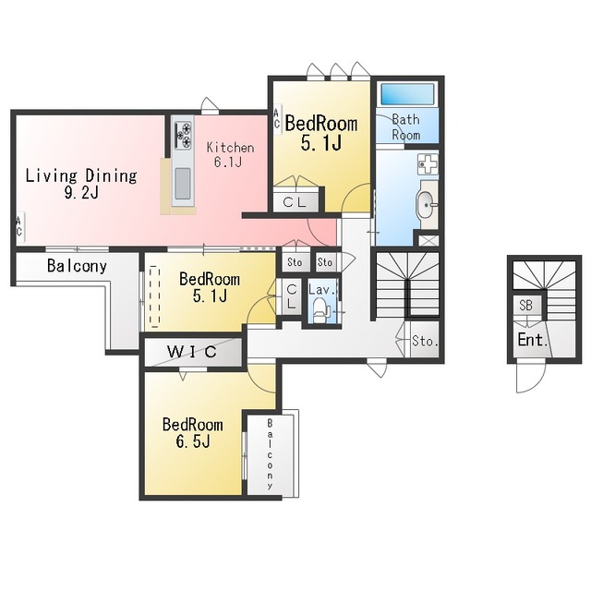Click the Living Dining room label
coord(81,184)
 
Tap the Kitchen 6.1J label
coord(230,154)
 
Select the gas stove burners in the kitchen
coord(183,135)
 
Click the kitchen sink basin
coord(183,184)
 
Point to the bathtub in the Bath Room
coord(407,94)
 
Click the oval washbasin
coord(425,205)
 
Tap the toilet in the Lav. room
coord(320,310)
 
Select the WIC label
coord(192,352)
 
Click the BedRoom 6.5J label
coord(193,433)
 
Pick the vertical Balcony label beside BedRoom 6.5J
coord(270,454)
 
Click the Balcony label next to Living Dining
coord(77,266)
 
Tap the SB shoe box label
coord(525,306)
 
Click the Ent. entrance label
coord(533,340)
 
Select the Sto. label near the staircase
coord(425,341)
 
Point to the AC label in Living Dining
coord(18,227)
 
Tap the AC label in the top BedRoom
coord(277,118)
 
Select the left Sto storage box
coord(295,262)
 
